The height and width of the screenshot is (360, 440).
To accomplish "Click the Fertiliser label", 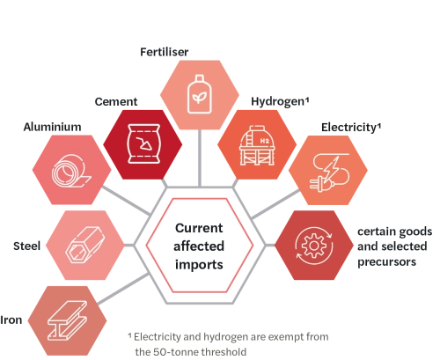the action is (x=165, y=52).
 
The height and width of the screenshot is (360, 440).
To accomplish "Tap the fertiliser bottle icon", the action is (x=200, y=94).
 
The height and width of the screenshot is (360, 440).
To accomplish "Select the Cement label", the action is (x=116, y=101).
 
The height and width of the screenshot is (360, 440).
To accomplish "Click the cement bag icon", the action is (x=143, y=143).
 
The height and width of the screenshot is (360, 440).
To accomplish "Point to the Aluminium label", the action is (x=52, y=127).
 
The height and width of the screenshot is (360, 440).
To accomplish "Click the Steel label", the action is (x=26, y=246).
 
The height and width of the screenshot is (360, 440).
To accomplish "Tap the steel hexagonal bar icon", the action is (x=84, y=245).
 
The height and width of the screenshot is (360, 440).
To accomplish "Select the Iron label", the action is (x=11, y=320).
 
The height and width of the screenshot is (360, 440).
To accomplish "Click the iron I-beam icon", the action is (x=68, y=320).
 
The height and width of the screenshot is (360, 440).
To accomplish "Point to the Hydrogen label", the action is (x=280, y=102).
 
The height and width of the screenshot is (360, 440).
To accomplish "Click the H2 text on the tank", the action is (x=265, y=141).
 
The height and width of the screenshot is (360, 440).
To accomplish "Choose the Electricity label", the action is (x=351, y=128).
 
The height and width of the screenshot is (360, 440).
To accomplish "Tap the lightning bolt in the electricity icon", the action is (x=332, y=169).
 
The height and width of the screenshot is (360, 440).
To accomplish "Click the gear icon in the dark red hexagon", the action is (x=314, y=246).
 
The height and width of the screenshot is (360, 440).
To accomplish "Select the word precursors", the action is (x=386, y=261).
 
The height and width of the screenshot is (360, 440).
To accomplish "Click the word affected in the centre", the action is (x=199, y=246).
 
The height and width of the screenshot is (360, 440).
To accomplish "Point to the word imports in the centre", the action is (x=199, y=265).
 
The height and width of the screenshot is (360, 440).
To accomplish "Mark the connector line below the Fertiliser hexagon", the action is (x=200, y=158).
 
